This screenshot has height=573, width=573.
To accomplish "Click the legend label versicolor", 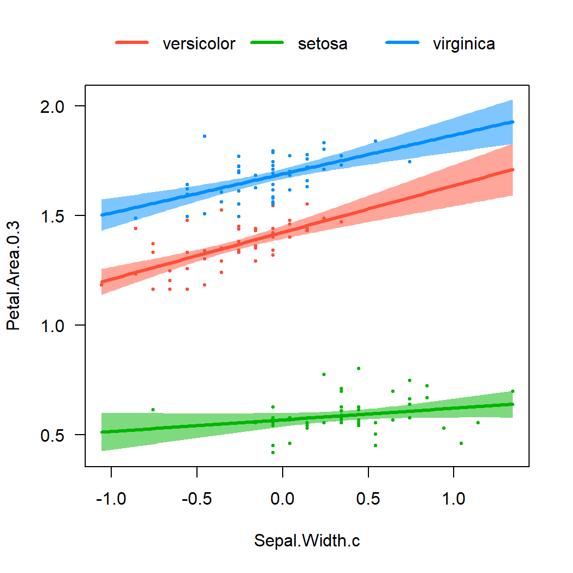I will (x=199, y=44).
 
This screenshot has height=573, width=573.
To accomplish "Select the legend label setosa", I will (x=322, y=44).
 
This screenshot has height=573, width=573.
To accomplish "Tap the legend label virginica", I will (x=463, y=44).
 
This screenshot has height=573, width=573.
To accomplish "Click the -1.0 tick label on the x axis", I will (x=111, y=498).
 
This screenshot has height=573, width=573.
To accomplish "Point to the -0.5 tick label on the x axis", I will (x=197, y=498).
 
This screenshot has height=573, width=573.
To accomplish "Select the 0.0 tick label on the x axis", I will (x=283, y=498).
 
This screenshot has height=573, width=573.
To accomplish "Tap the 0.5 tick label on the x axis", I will (x=368, y=498).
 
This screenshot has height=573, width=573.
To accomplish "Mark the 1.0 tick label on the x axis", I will (x=454, y=498).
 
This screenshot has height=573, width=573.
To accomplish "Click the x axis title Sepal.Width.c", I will (x=307, y=541).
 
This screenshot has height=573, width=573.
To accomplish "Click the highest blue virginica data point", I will (x=204, y=136).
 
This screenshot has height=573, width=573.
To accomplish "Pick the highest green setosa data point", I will (x=359, y=368).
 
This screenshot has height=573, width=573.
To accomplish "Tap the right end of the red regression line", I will (x=512, y=170).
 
